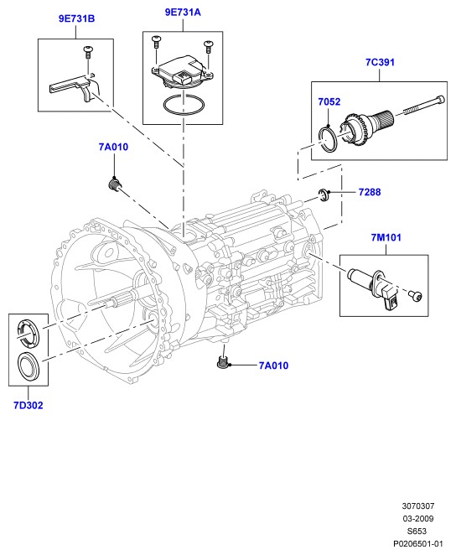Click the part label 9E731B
tap(76, 18)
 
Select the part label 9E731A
tap(183, 13)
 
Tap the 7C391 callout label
tap(380, 62)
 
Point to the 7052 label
tap(329, 102)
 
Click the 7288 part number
tap(370, 192)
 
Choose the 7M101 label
tap(386, 237)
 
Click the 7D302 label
tap(28, 405)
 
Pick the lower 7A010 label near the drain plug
tap(273, 366)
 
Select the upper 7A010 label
tap(113, 147)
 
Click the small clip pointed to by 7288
tap(324, 195)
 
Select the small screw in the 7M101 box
tap(416, 295)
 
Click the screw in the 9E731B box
tap(87, 52)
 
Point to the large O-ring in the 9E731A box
tap(184, 105)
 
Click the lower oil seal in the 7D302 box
tap(29, 366)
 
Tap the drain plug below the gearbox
tap(221, 362)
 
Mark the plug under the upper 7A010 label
tap(114, 184)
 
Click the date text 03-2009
tap(417, 519)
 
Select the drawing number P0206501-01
tap(417, 543)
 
